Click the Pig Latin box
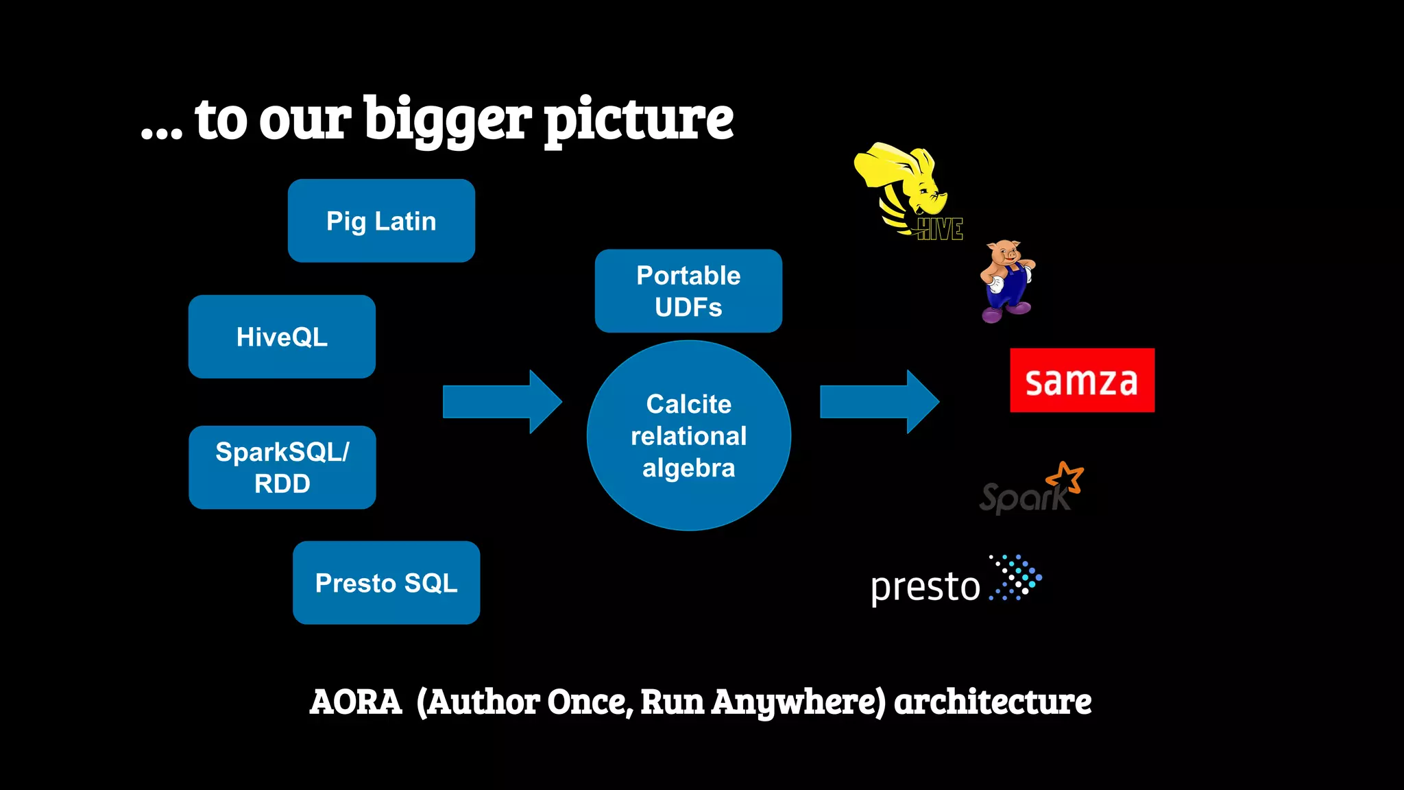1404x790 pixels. click(x=381, y=221)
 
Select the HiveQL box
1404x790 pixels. click(x=282, y=337)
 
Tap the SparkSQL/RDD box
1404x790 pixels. click(x=282, y=468)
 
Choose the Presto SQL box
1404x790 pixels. click(x=386, y=583)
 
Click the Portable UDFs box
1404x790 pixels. click(x=688, y=291)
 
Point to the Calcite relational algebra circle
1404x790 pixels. click(x=688, y=436)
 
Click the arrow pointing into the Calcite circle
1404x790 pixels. click(x=503, y=402)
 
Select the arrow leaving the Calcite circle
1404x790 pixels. click(x=880, y=402)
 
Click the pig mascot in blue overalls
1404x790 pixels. click(x=1006, y=281)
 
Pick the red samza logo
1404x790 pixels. click(x=1082, y=381)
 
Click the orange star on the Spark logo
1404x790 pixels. click(x=1065, y=477)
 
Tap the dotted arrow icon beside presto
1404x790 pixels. click(x=1016, y=577)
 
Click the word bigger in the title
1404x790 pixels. click(x=447, y=120)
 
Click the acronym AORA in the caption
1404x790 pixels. click(x=355, y=702)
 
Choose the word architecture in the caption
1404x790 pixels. click(x=993, y=702)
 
